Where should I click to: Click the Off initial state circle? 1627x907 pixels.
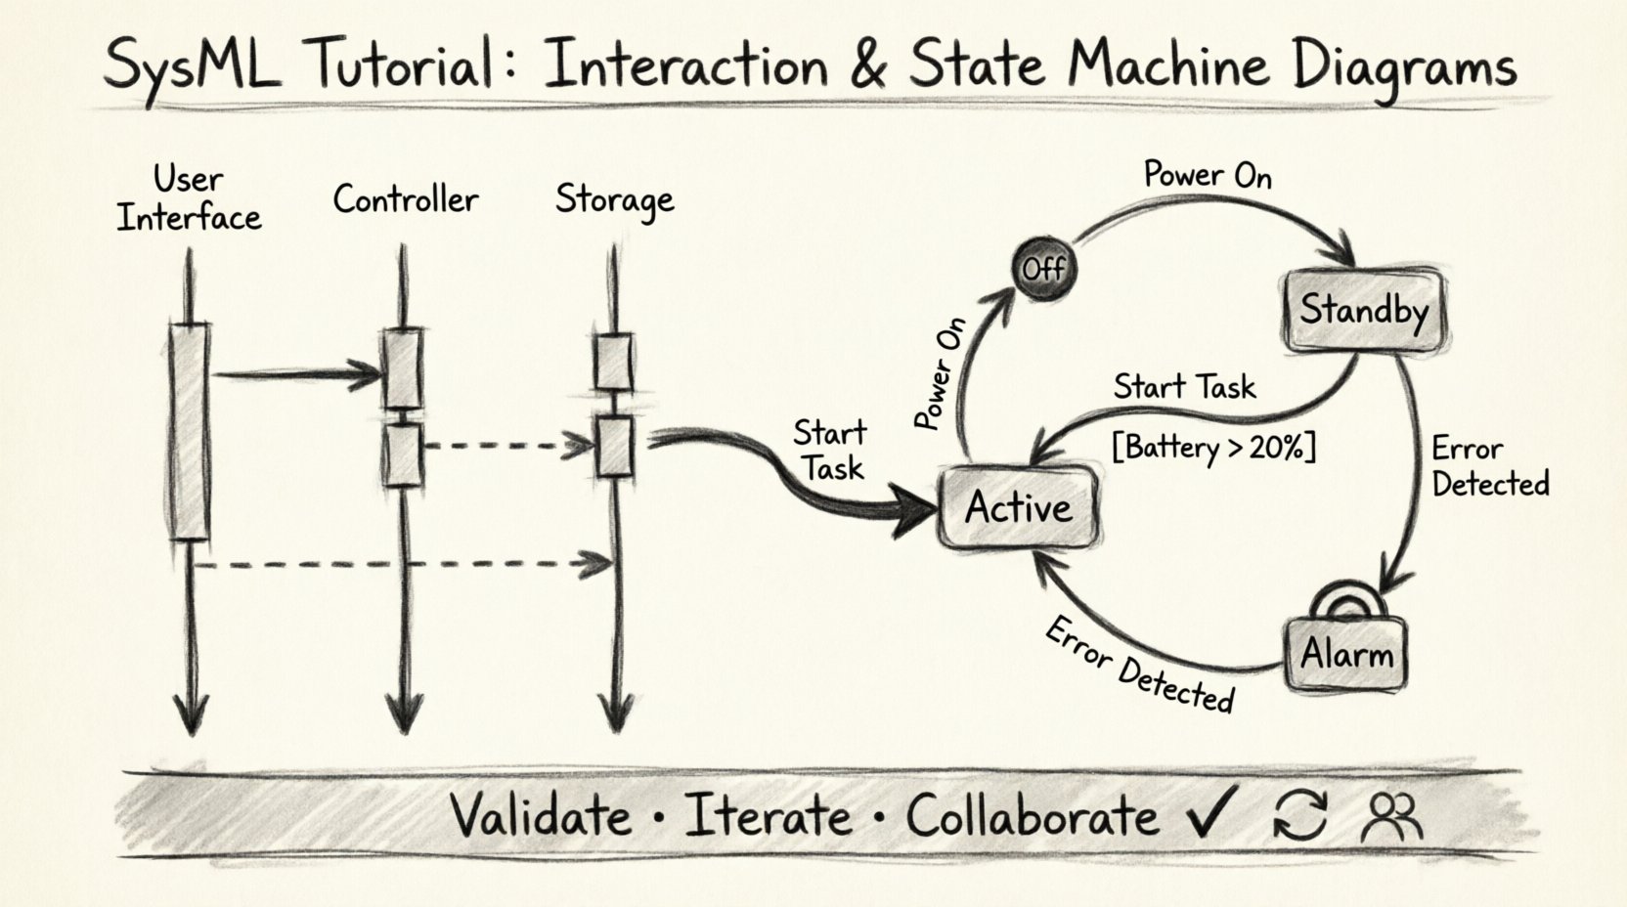pos(1044,267)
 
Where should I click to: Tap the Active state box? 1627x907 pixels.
pos(1017,507)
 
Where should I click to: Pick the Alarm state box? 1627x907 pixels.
pos(1346,653)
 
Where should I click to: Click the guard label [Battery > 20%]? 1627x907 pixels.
pos(1213,448)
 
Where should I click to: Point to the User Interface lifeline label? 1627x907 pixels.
pos(189,199)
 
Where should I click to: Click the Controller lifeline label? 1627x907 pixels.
pos(405,199)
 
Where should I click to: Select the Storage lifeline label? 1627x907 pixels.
pos(614,199)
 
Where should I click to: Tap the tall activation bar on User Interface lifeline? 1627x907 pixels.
pos(190,430)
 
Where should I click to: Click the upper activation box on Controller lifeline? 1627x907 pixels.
pos(402,369)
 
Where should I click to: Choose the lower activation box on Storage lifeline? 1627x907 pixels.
pos(614,447)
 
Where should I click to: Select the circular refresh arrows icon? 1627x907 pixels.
pos(1300,815)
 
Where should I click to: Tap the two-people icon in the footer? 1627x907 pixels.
pos(1392,816)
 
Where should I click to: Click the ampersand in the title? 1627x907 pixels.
pos(866,65)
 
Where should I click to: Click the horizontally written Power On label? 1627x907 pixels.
pos(1208,175)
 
